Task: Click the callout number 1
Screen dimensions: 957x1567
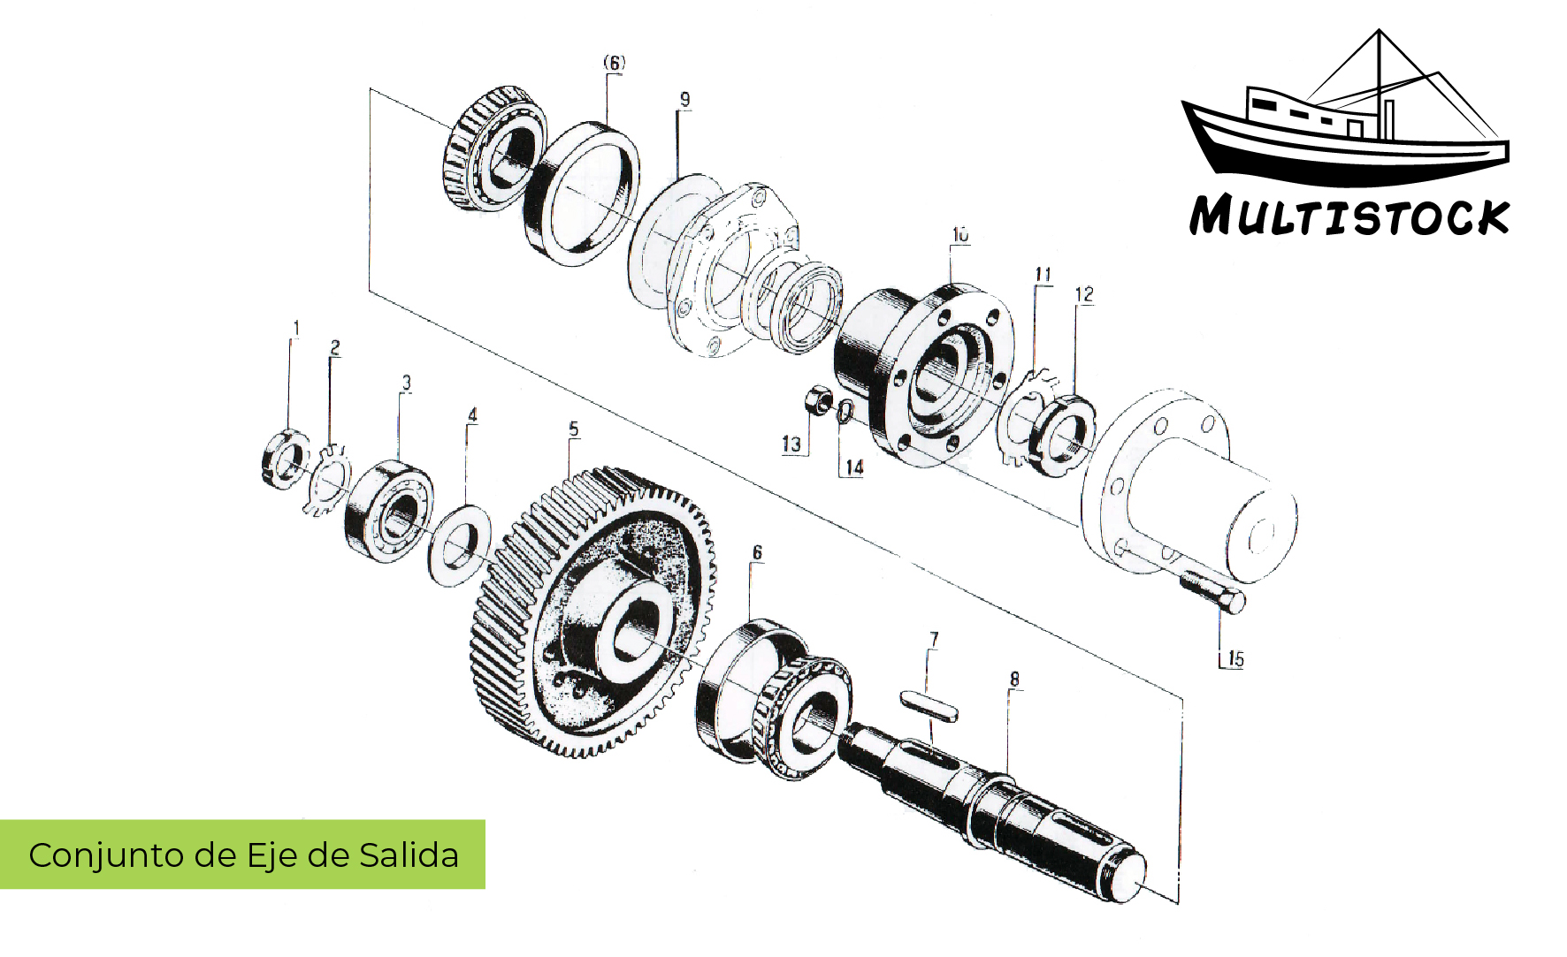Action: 296,328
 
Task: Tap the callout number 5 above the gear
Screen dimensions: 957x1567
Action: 574,429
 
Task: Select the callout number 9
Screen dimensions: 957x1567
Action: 684,100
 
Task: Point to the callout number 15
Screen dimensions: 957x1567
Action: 1235,659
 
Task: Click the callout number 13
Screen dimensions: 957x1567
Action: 791,444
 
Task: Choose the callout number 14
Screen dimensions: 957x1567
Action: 854,467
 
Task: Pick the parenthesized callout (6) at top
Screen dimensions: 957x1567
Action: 614,63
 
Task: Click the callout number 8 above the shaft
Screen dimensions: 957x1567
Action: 1014,679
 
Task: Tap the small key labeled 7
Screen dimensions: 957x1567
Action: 929,707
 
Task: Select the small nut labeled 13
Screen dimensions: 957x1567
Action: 818,401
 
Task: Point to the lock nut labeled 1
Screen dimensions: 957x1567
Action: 285,458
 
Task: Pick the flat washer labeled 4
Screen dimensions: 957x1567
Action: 459,544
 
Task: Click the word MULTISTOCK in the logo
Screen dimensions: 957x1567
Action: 1349,216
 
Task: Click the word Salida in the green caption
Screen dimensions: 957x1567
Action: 409,855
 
